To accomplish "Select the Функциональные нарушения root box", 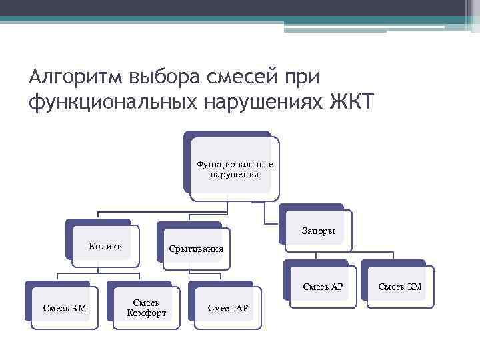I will pyautogui.click(x=234, y=169).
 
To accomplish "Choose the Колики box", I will pyautogui.click(x=105, y=246).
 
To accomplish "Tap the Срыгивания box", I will pyautogui.click(x=196, y=249).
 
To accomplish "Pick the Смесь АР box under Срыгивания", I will pyautogui.click(x=227, y=307).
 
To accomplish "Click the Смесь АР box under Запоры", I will pyautogui.click(x=323, y=287).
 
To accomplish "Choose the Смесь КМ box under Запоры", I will pyautogui.click(x=400, y=287).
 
